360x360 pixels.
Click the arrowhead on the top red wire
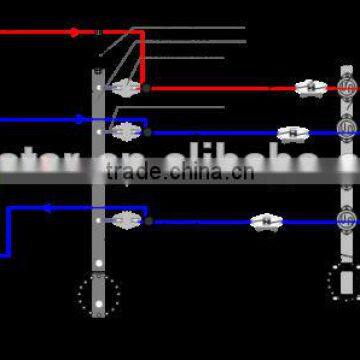(x=74, y=32)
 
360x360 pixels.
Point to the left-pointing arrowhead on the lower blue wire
(x=45, y=208)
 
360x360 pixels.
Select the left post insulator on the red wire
(x=124, y=88)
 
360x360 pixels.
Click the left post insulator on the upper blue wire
(x=124, y=131)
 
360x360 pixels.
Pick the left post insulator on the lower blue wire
(x=124, y=220)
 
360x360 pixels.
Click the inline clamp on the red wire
(x=311, y=88)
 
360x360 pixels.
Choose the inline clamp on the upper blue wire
(x=290, y=132)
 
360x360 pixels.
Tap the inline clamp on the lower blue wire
(x=264, y=221)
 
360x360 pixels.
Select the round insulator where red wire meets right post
(x=346, y=88)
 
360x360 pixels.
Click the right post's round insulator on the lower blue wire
(x=346, y=215)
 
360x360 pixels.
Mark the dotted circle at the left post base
(x=99, y=295)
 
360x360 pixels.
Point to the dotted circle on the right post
(x=344, y=278)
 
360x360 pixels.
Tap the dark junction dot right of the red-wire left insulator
(x=146, y=88)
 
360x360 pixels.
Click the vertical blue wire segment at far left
(x=9, y=231)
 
